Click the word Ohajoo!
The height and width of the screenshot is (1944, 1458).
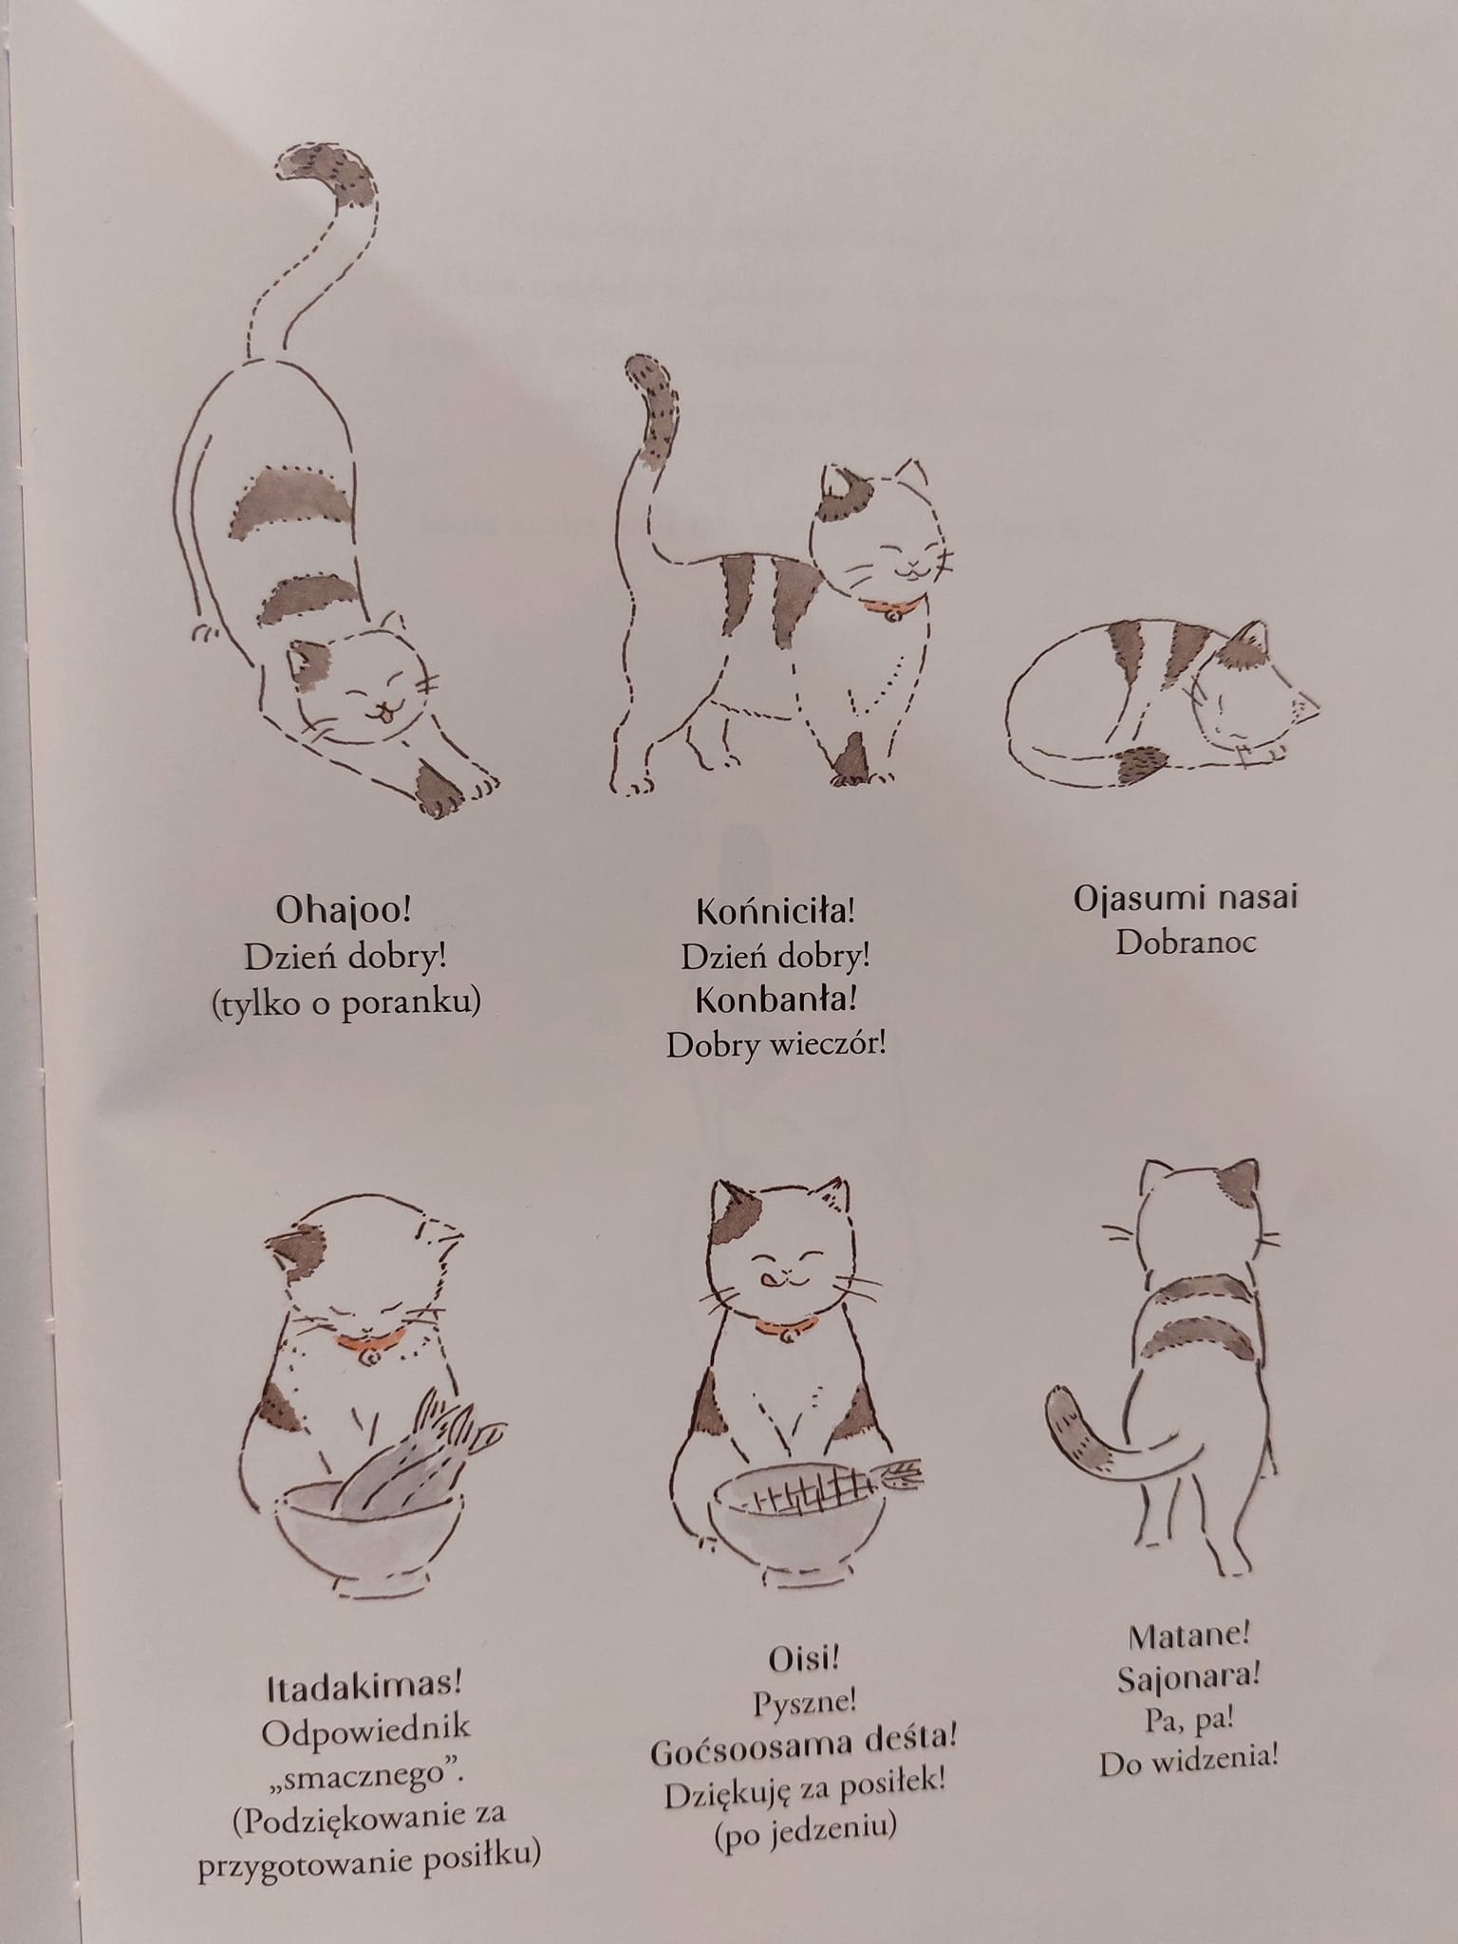tap(344, 910)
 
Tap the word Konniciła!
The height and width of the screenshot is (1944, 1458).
tap(776, 911)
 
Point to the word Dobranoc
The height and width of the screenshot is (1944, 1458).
tap(1186, 942)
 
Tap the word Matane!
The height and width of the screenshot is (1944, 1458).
tap(1189, 1636)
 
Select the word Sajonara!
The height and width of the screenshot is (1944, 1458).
tap(1188, 1678)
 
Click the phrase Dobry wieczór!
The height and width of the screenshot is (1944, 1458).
tap(776, 1044)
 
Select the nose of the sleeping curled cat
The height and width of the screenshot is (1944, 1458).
tap(1314, 703)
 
